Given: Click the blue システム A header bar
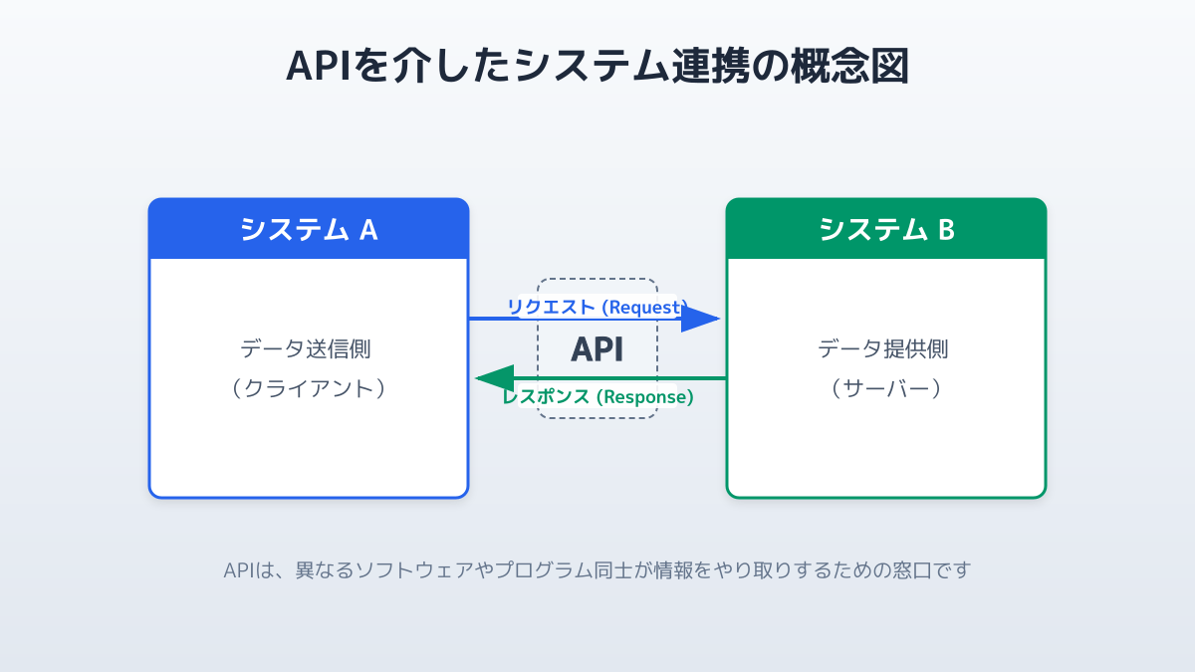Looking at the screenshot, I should (309, 230).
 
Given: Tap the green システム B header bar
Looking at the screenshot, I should (886, 230).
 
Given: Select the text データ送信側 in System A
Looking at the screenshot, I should (309, 349).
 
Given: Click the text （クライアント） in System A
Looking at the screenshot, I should (309, 388).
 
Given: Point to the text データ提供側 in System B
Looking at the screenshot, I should (886, 349).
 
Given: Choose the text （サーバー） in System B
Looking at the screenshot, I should (886, 388).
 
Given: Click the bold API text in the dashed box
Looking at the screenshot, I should (597, 349).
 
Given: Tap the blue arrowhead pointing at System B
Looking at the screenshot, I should (701, 319).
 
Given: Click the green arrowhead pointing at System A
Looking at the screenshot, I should (494, 378).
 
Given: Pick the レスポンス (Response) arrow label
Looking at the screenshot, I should (597, 396).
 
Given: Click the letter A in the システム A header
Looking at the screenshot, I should (367, 230).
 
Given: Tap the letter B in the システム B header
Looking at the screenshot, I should (946, 230).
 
